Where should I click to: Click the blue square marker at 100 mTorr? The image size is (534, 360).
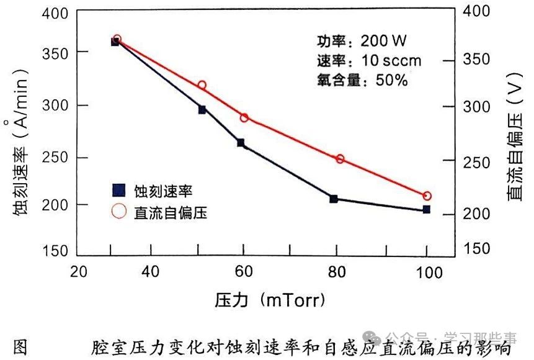click(x=427, y=210)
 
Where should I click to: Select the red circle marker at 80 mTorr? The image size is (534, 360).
click(x=340, y=159)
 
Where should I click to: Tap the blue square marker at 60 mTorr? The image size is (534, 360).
click(x=241, y=143)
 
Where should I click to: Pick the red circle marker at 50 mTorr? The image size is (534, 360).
click(x=202, y=85)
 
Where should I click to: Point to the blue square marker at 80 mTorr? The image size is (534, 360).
click(x=334, y=199)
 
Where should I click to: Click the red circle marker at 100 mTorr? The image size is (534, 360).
click(x=427, y=196)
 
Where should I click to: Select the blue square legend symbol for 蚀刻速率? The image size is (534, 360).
click(x=118, y=191)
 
